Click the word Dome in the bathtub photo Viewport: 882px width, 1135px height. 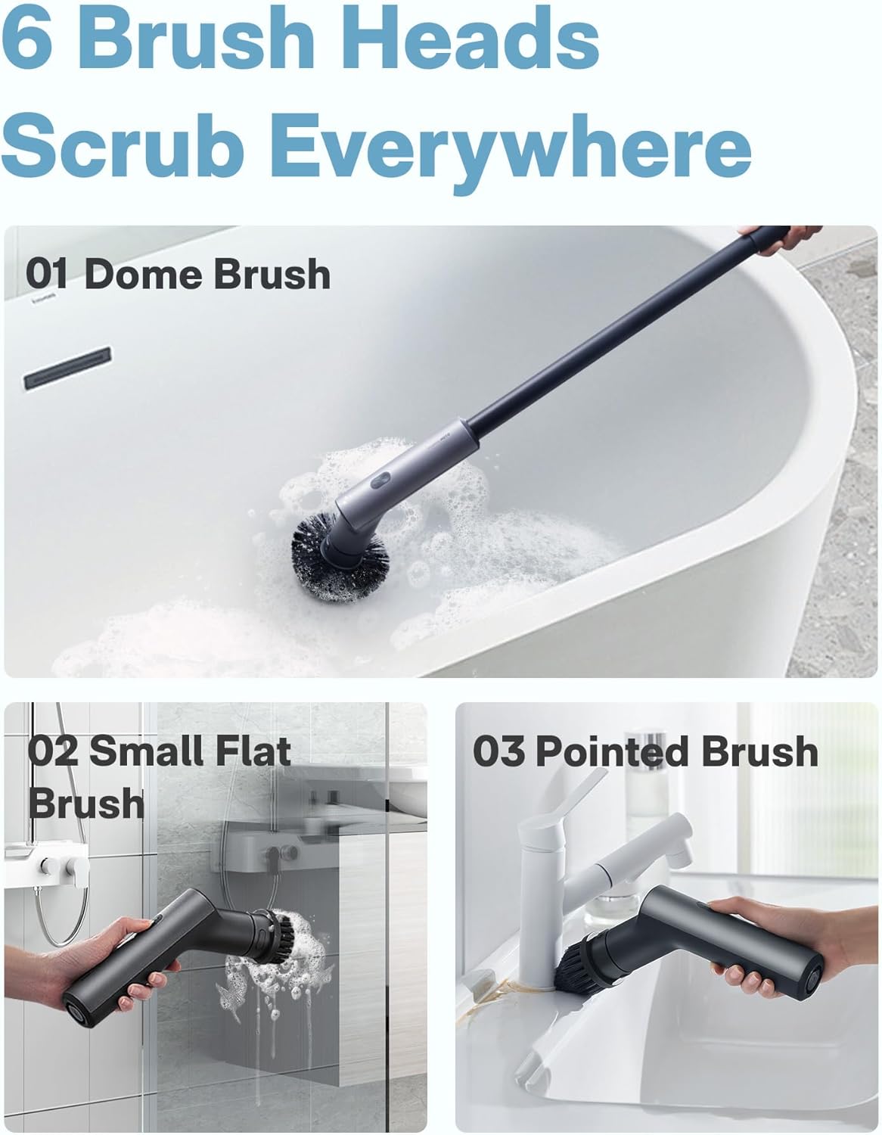(141, 274)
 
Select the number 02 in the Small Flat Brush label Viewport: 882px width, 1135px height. (54, 751)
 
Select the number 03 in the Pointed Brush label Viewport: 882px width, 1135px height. (499, 751)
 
